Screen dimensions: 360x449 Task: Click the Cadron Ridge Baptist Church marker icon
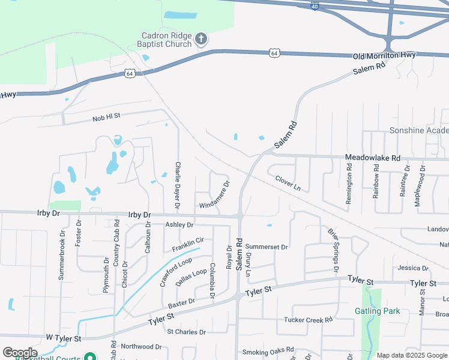coord(201,40)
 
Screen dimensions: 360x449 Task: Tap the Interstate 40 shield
coord(315,6)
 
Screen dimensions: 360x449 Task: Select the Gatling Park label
coord(377,311)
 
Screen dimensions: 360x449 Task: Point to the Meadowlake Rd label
coord(372,158)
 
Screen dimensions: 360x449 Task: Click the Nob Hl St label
coord(107,117)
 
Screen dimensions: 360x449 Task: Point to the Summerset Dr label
coord(267,247)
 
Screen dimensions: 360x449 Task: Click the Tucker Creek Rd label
coord(308,320)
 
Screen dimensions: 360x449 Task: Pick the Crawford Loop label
coord(176,271)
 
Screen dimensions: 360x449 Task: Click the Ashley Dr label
coord(179,225)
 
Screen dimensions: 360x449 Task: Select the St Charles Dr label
coord(186,332)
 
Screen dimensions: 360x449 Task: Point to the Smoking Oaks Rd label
coord(268,350)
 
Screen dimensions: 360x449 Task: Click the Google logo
coord(20,353)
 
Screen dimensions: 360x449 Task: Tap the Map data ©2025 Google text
coord(412,355)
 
